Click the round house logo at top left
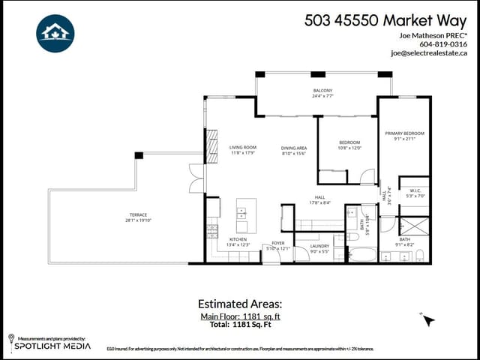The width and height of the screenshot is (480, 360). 55,34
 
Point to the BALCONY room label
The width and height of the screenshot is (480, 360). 322,91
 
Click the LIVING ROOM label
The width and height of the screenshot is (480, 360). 243,147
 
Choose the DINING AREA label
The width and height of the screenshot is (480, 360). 294,148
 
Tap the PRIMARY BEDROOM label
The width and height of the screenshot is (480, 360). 404,133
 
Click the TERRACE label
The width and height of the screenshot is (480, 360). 138,214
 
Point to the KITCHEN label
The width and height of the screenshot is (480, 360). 237,240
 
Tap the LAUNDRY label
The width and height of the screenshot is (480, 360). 319,245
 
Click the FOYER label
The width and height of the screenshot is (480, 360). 277,243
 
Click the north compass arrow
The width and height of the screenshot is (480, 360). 427,319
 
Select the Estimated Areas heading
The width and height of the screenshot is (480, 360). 240,304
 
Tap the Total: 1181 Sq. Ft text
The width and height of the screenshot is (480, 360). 240,325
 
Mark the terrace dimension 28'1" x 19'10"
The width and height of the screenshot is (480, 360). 138,220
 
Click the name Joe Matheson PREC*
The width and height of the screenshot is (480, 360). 433,35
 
